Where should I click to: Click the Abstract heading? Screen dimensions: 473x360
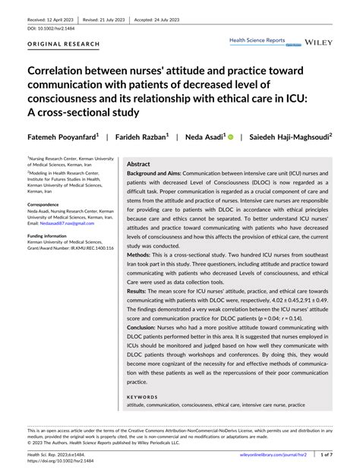coord(138,163)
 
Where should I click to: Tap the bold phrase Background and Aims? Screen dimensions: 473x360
coord(156,173)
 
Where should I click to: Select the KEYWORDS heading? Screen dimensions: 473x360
coord(143,397)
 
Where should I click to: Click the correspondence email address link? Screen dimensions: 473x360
coord(49,223)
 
